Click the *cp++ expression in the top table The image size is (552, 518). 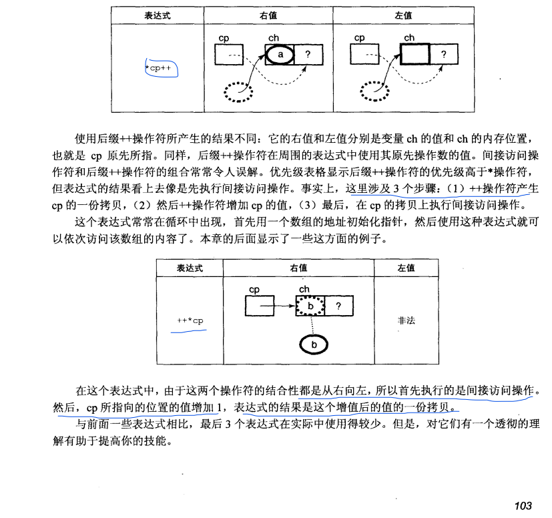(162, 67)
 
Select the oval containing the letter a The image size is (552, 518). (281, 54)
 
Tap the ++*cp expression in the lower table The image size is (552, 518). (190, 321)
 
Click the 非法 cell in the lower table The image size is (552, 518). (406, 320)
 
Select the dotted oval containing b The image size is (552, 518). (310, 306)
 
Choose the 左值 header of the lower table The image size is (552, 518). (406, 267)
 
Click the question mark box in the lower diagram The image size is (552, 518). (339, 306)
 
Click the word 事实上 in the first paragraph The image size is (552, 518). (322, 188)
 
